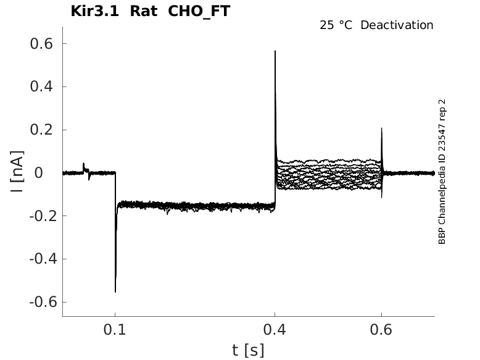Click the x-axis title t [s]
pyautogui.click(x=248, y=351)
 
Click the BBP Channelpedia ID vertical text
pyautogui.click(x=442, y=172)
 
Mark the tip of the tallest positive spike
pyautogui.click(x=275, y=51)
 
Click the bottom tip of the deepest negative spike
pyautogui.click(x=115, y=291)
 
